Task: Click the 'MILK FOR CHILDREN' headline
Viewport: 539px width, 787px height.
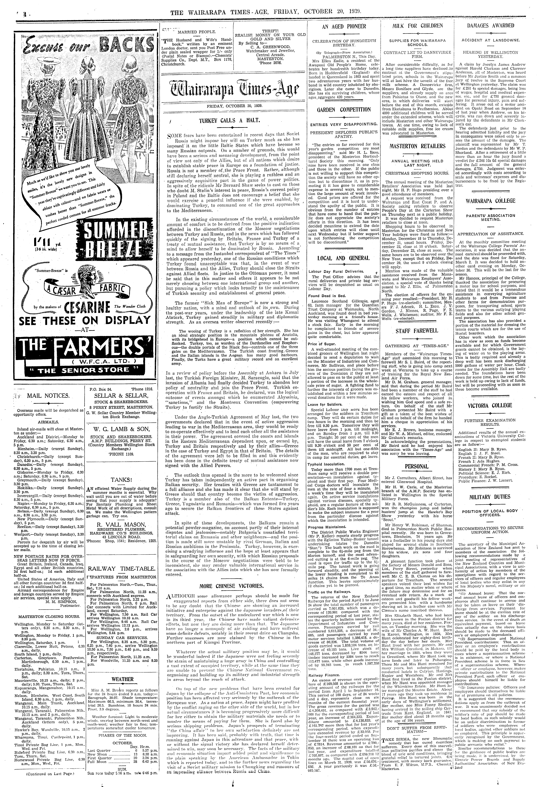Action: [417, 26]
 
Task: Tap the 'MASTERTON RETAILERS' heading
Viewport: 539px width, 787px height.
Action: [417, 146]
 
